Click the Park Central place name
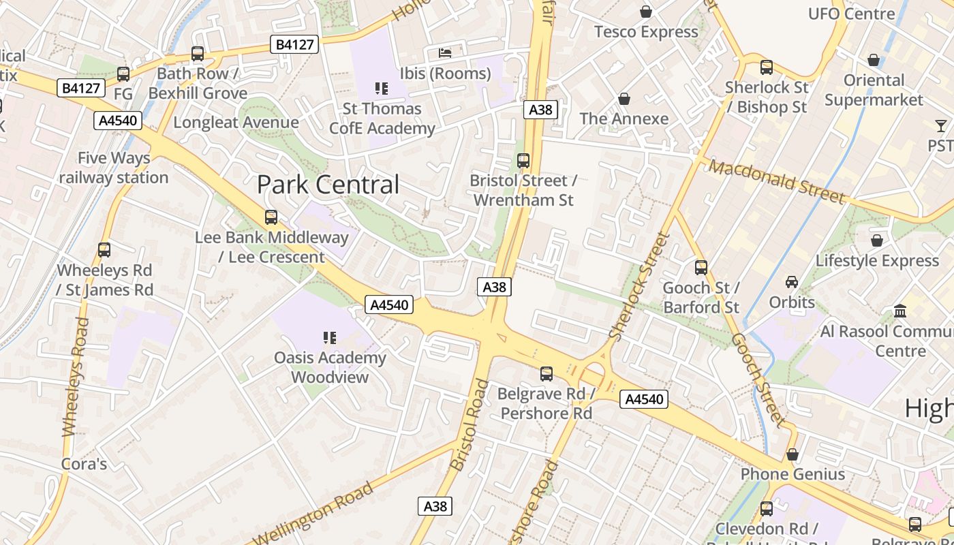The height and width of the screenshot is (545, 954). [328, 185]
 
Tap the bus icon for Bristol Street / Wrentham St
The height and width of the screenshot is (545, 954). [523, 161]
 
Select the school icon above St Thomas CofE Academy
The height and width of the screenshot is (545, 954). [381, 88]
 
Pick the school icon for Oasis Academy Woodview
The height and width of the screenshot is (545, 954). [330, 337]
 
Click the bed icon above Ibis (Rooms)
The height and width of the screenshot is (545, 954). [445, 52]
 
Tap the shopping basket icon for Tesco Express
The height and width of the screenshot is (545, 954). [645, 12]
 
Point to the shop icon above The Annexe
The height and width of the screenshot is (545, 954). [624, 99]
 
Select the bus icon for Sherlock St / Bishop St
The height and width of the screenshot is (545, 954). [766, 67]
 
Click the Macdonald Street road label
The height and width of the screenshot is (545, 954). [777, 181]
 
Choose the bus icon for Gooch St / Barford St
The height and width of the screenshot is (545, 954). [701, 268]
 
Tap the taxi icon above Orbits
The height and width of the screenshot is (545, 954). [791, 281]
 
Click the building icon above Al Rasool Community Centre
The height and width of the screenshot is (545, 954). [900, 311]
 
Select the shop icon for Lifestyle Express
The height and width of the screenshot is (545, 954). [876, 240]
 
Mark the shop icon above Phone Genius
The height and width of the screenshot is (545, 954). [792, 454]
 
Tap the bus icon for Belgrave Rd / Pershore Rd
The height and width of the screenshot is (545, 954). [546, 373]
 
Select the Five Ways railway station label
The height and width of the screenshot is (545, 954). [113, 168]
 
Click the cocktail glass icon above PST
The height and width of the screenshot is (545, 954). [941, 125]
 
